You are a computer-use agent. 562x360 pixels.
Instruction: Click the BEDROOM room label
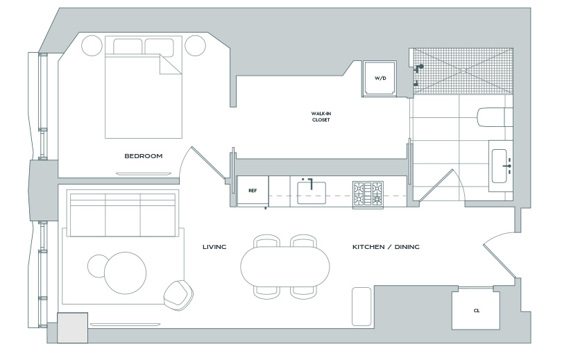[144, 156]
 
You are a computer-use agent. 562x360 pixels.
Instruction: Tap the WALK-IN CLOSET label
[321, 117]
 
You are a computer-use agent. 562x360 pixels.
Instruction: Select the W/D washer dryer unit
[380, 78]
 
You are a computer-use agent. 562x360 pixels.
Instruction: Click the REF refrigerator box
[253, 191]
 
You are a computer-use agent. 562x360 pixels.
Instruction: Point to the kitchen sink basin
[312, 193]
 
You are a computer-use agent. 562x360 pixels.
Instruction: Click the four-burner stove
[368, 194]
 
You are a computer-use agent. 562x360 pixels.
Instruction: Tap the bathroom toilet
[495, 117]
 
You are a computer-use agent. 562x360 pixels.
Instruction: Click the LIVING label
[214, 247]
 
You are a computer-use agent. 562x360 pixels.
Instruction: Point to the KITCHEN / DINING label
[386, 247]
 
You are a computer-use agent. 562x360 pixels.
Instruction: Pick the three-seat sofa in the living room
[123, 214]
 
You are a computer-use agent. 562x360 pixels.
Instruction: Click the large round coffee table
[126, 273]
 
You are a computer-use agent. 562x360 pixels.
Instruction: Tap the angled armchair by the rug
[178, 295]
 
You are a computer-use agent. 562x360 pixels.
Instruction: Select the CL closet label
[477, 311]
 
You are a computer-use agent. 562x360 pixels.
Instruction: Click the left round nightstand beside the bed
[92, 46]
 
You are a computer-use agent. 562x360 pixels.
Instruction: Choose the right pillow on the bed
[159, 47]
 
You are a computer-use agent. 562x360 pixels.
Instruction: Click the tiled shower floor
[463, 71]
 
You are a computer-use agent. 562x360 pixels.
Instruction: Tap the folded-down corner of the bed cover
[170, 65]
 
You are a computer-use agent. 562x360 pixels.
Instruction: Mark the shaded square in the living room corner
[72, 328]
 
